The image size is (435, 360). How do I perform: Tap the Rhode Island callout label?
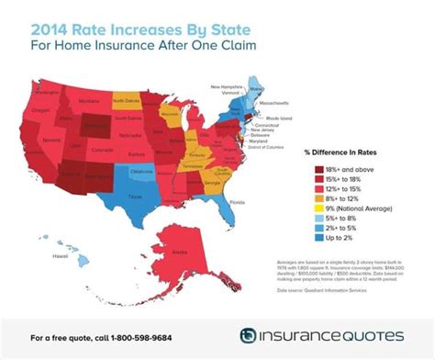pyautogui.click(x=279, y=119)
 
